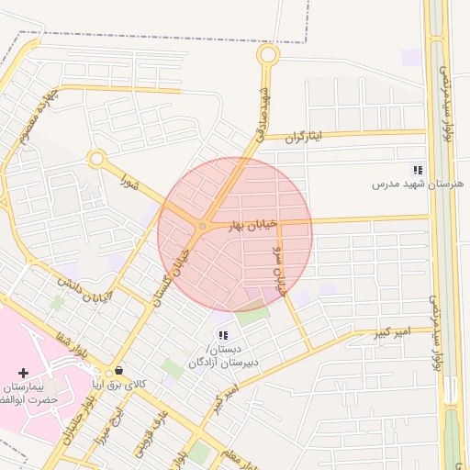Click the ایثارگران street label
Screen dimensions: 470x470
click(306, 137)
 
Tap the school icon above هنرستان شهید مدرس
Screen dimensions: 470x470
click(418, 170)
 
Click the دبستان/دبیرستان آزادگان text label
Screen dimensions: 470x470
click(223, 356)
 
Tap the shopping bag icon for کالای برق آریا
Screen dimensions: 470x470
click(117, 371)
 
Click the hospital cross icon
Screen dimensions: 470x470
click(23, 373)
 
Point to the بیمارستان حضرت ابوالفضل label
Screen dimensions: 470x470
click(30, 393)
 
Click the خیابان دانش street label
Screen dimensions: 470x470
click(84, 289)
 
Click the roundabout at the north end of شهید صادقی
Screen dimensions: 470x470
click(267, 55)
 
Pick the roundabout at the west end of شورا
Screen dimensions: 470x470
click(95, 159)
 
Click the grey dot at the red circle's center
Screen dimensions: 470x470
click(202, 227)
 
